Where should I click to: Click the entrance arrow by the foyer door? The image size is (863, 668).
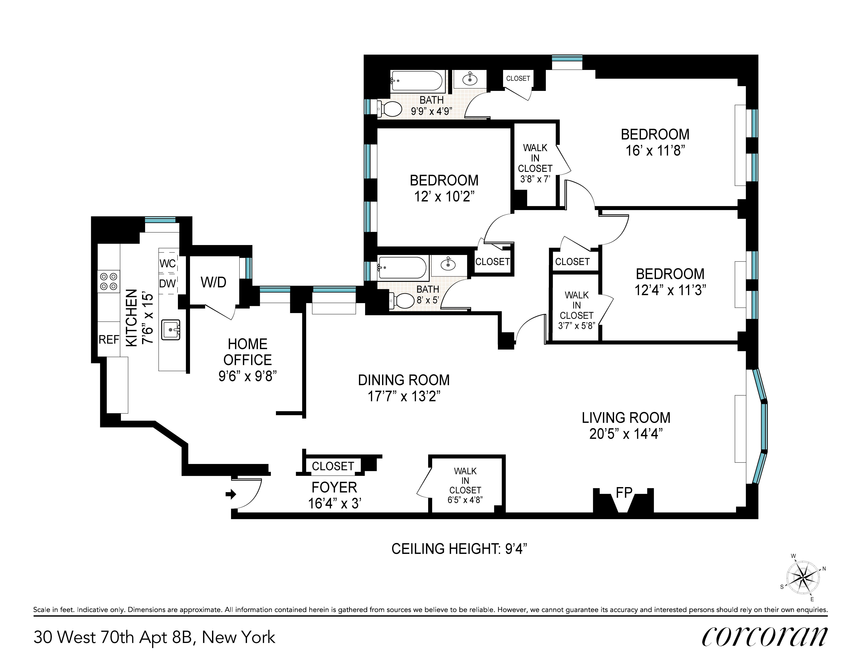[x=231, y=494]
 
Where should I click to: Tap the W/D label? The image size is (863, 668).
[x=213, y=282]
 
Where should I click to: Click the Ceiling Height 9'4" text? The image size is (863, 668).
[x=459, y=549]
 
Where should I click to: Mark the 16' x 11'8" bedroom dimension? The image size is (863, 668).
[x=655, y=150]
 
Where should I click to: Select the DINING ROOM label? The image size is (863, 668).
[x=404, y=380]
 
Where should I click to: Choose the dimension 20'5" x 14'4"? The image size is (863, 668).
[x=626, y=434]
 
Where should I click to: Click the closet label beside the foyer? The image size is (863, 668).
[x=333, y=466]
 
